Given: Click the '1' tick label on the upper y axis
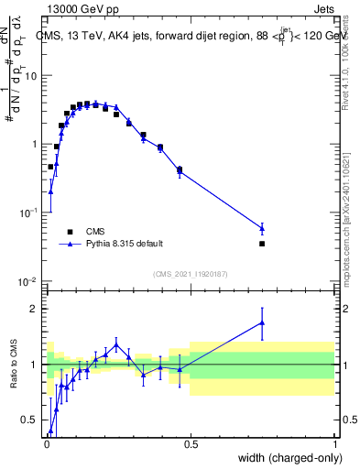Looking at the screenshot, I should pyautogui.click(x=35, y=145).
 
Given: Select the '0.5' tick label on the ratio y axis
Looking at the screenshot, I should pyautogui.click(x=30, y=420).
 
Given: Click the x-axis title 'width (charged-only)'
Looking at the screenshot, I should pyautogui.click(x=284, y=459).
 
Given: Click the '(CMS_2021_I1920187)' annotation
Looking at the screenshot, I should pyautogui.click(x=190, y=274).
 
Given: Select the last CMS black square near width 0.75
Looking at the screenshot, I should pyautogui.click(x=262, y=244).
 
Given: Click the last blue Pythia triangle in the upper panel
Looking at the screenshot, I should pyautogui.click(x=262, y=228).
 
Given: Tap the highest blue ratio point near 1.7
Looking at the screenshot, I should pyautogui.click(x=262, y=322).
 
